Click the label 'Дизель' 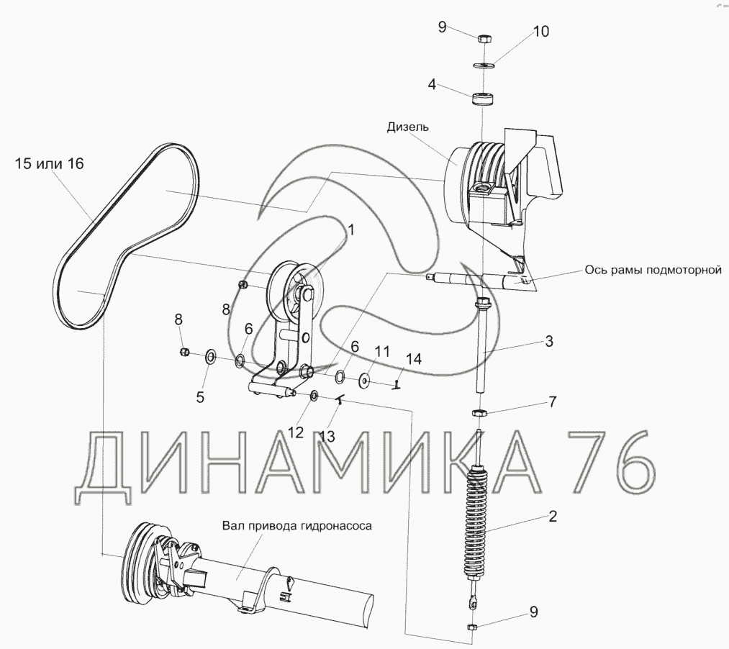click(408, 127)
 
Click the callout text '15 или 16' click(50, 164)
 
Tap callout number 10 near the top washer click(540, 32)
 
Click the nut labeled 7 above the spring click(479, 413)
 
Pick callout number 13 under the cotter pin click(327, 437)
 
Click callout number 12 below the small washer click(296, 432)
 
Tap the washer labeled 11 click(364, 379)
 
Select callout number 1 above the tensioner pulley click(352, 230)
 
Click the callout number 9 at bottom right click(533, 612)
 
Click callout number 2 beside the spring click(552, 516)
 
